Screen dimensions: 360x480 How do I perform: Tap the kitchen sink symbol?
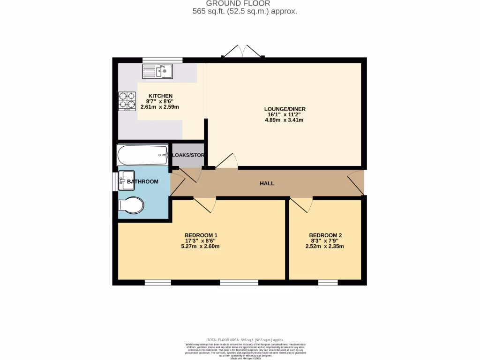coord(158,72)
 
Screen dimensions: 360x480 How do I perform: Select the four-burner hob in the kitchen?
coord(126,100)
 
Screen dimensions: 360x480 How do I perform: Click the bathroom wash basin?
coord(126,180)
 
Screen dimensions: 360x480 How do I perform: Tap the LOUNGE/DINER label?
coord(285,109)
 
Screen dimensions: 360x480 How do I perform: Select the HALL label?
coord(267,183)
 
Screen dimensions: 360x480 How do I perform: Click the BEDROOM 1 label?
coord(201,235)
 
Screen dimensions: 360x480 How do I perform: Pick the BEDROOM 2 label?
coord(325,235)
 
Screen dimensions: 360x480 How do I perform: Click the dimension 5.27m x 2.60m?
coord(201,246)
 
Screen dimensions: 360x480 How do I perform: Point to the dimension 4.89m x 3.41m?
coord(285,120)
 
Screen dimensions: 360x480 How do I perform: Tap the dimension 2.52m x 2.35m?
coord(325,246)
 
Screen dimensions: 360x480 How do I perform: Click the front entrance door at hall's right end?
coord(356,183)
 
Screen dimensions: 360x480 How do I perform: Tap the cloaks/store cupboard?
coord(187,155)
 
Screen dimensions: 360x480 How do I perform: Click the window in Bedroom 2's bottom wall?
coord(328,282)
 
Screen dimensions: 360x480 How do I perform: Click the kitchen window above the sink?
coord(162,60)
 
